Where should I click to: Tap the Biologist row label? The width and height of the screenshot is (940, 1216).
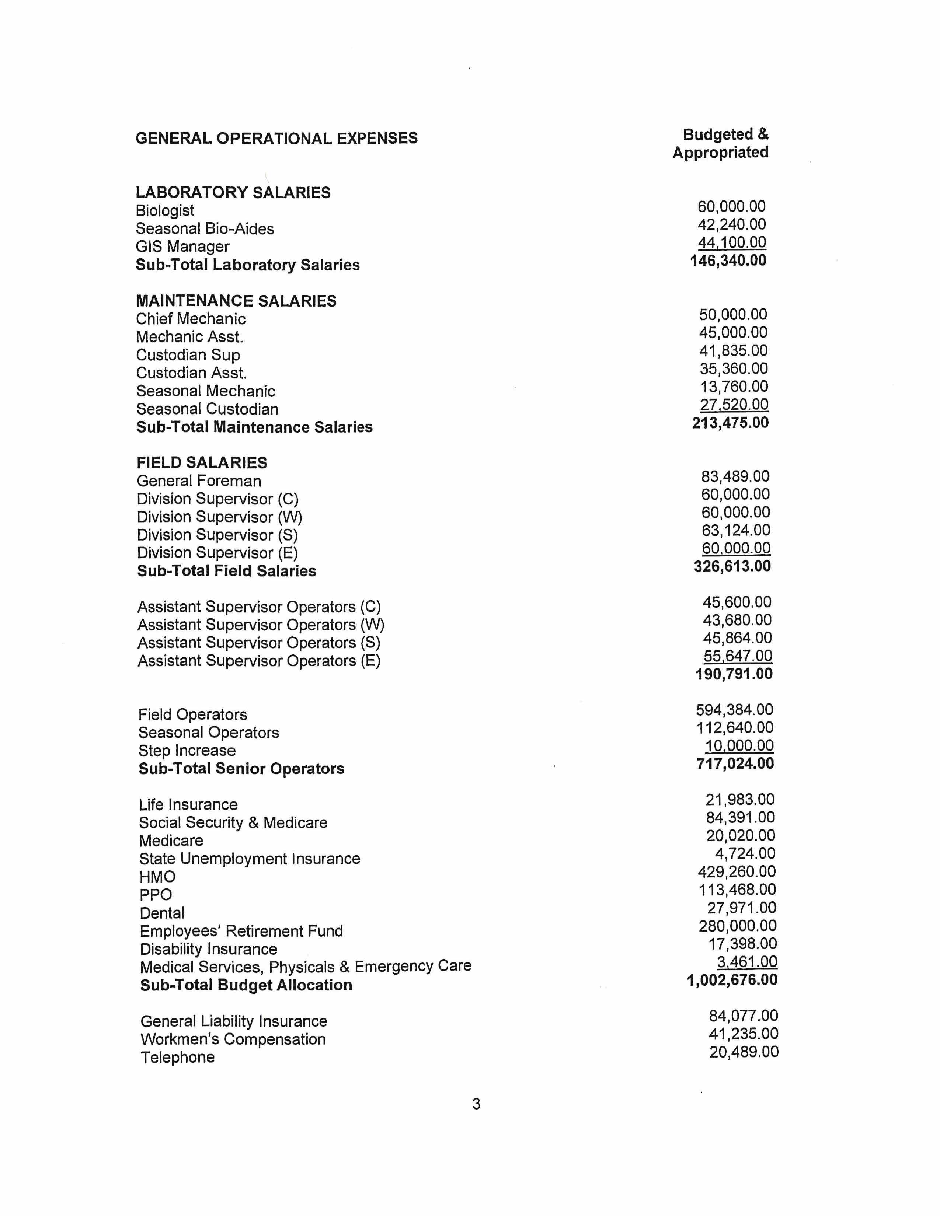(x=165, y=210)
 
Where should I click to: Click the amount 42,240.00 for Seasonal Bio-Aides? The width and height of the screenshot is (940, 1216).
(x=731, y=224)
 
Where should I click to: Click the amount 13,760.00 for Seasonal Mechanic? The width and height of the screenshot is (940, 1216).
(x=734, y=387)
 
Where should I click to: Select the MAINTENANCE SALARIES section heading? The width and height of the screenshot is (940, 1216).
(x=236, y=301)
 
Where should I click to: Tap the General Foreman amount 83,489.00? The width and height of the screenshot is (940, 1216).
(x=735, y=476)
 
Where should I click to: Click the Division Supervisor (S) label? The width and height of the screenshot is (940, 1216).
(x=217, y=535)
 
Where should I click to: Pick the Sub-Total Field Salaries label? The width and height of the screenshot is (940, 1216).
(x=227, y=571)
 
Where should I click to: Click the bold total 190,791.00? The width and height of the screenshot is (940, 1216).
(x=734, y=674)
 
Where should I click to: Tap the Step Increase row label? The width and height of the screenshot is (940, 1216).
(x=187, y=751)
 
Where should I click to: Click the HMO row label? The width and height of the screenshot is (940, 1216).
(x=157, y=877)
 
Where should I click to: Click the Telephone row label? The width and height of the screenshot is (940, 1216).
(x=178, y=1057)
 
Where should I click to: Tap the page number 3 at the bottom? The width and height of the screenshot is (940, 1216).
(x=476, y=1104)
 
